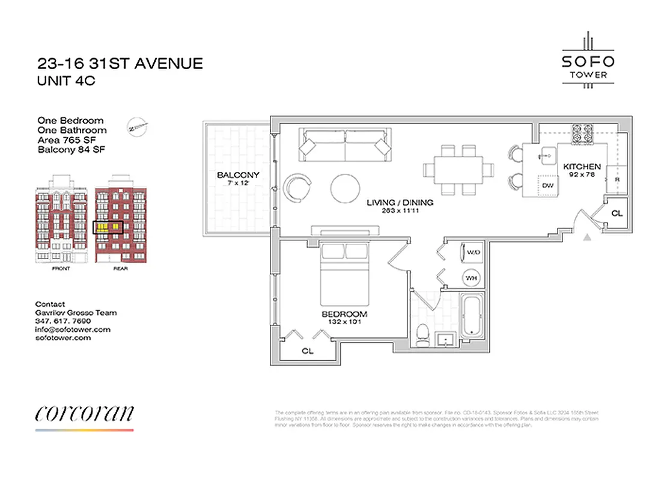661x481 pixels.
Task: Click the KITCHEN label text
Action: tap(582, 167)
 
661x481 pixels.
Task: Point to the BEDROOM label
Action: tap(344, 314)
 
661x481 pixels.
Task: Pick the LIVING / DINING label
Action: tap(401, 203)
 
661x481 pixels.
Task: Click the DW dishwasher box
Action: tap(547, 186)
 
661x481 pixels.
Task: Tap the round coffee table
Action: tap(346, 189)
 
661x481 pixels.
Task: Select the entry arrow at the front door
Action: tap(588, 238)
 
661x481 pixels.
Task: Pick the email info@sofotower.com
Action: tap(73, 329)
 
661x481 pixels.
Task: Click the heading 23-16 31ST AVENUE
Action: tap(120, 63)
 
